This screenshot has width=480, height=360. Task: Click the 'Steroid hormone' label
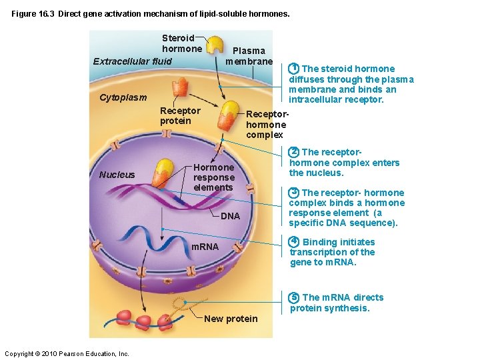tap(181, 43)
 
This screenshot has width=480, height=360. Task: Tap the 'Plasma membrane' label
tap(249, 56)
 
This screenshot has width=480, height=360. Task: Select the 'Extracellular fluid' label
tap(132, 61)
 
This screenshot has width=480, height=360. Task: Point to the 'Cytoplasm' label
tap(123, 97)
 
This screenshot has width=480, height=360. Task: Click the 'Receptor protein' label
tap(179, 115)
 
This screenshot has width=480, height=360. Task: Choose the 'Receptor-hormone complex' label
tap(266, 125)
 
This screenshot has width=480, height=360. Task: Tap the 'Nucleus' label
tap(117, 175)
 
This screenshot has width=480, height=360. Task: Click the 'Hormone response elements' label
tap(213, 177)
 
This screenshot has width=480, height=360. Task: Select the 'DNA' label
tap(230, 216)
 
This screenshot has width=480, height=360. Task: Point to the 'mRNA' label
tap(205, 247)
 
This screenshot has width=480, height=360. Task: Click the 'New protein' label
tap(231, 319)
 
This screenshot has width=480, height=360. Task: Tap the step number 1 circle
tap(293, 69)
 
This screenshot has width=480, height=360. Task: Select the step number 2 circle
tap(293, 152)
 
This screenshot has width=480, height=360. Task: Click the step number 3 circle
tap(293, 193)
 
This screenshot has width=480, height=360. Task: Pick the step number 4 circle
tap(293, 242)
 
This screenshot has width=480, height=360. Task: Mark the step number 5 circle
tap(293, 297)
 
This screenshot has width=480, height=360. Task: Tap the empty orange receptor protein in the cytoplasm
tap(180, 87)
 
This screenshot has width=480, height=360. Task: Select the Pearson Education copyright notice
tap(67, 353)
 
